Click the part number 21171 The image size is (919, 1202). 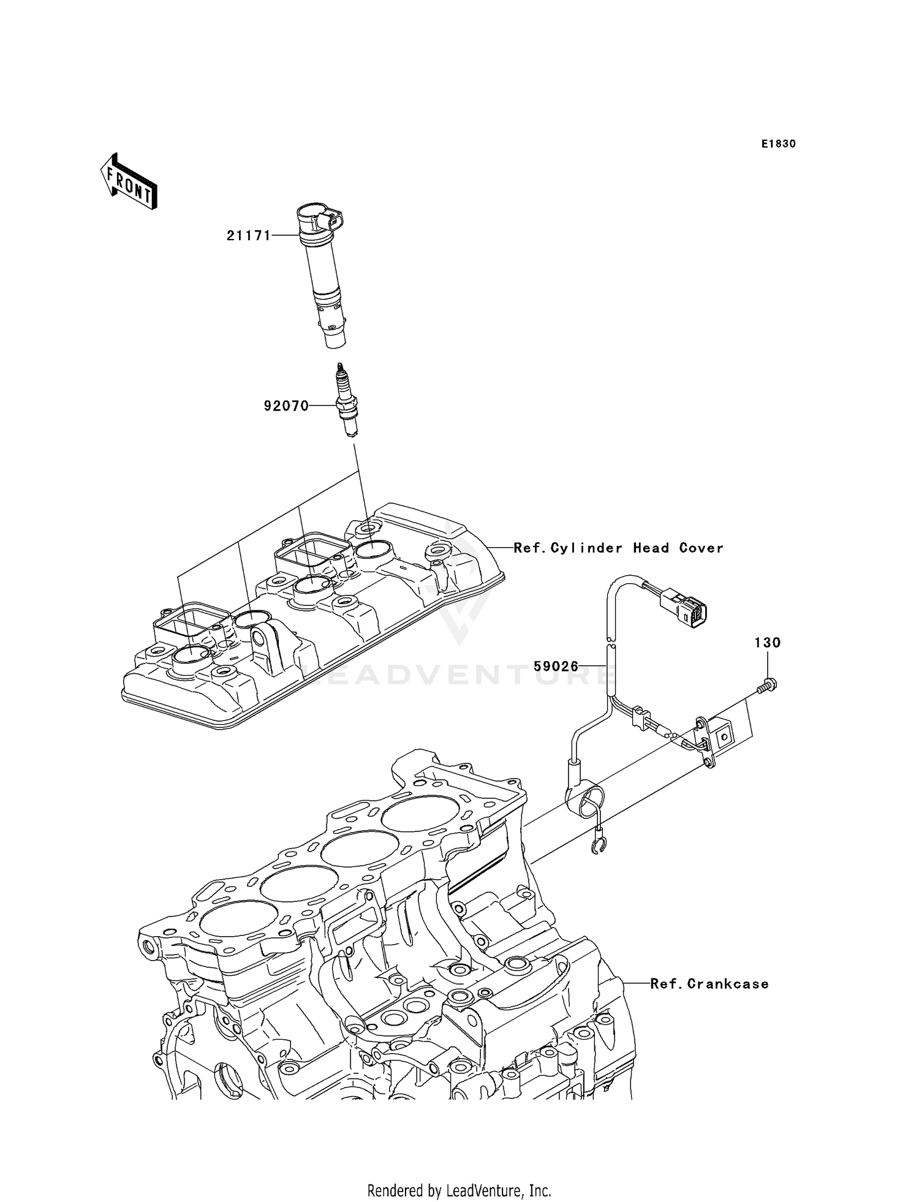248,235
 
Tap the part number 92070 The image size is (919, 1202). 286,406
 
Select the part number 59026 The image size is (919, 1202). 556,666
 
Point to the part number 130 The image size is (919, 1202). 767,643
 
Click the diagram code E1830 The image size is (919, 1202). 778,144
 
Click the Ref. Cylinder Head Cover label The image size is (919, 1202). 618,548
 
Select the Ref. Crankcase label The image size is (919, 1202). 709,984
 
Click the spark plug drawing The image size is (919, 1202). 347,401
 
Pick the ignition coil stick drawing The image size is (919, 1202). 321,276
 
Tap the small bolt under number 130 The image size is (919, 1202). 766,688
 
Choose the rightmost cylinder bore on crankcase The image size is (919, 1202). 415,815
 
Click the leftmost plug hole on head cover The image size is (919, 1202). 191,655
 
